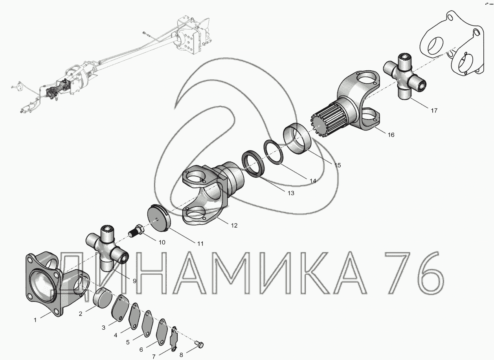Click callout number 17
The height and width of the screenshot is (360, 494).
tap(434, 110)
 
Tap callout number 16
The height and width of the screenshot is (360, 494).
tap(391, 134)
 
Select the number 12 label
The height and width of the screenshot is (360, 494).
tap(234, 226)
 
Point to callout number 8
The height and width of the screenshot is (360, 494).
tap(181, 355)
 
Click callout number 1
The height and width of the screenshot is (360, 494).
tap(35, 320)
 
